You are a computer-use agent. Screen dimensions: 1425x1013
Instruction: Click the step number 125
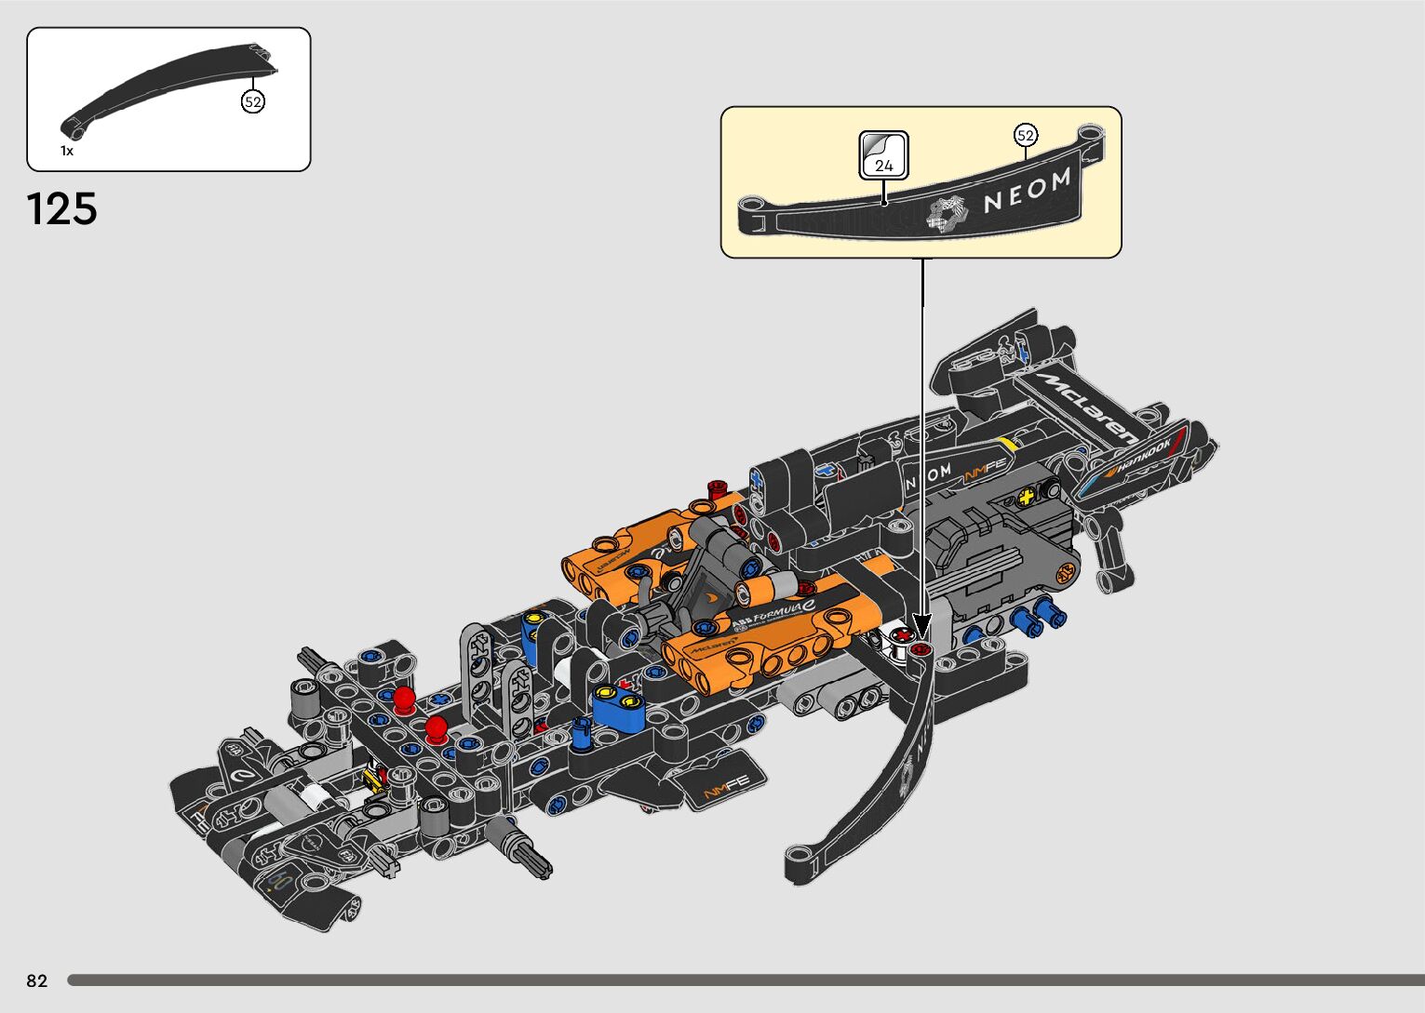pos(62,209)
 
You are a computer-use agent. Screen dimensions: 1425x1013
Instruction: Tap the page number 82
pos(36,980)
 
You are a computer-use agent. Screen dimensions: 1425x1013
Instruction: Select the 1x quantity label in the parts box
pos(67,151)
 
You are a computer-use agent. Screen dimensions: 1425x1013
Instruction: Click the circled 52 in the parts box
pos(253,101)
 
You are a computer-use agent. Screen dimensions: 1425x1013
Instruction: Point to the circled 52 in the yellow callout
pos(1025,136)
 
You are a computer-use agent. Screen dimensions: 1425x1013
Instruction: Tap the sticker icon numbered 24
pos(883,154)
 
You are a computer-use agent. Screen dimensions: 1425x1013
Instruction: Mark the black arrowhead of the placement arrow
pos(922,625)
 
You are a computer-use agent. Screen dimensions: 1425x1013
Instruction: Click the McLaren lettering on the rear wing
pos(1090,407)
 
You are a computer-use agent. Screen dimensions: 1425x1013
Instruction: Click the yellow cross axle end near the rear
pos(1027,498)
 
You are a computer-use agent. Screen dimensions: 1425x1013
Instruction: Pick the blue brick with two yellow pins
pos(617,702)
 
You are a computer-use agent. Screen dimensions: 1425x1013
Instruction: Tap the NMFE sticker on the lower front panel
pos(726,790)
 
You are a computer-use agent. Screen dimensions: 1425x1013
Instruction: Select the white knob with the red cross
pos(899,639)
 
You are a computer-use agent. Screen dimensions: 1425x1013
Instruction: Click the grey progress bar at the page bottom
pos(745,980)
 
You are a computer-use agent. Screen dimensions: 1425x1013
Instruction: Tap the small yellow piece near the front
pos(375,777)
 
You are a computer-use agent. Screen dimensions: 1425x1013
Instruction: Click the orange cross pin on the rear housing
pos(1062,576)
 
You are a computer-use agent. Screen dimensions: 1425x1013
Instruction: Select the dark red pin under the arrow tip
pos(922,648)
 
